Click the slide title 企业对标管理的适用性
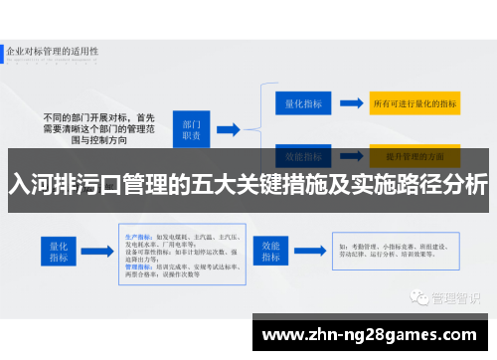tap(55, 48)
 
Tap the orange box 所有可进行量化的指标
tap(414, 102)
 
